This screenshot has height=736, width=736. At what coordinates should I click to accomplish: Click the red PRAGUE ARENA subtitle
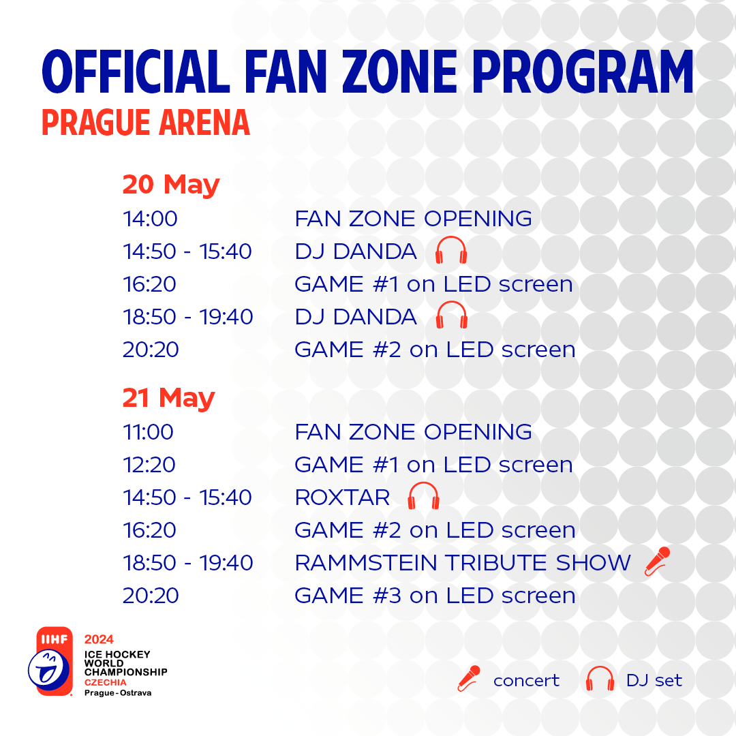click(146, 123)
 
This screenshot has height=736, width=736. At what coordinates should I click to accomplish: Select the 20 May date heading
click(171, 185)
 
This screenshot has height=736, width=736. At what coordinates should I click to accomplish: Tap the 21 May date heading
click(168, 399)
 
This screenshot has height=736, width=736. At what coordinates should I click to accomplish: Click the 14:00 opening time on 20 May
click(150, 219)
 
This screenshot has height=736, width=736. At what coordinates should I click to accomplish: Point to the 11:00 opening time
click(148, 432)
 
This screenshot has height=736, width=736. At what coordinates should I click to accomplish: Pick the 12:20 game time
click(149, 465)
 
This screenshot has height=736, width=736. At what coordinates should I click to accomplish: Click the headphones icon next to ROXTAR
click(423, 495)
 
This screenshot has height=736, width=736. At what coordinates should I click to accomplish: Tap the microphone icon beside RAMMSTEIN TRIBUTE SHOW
click(657, 562)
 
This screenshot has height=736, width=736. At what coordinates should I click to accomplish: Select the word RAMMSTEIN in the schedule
click(366, 563)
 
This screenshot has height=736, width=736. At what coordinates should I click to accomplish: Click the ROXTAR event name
click(343, 497)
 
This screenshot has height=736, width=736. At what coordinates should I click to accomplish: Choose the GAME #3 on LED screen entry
click(435, 596)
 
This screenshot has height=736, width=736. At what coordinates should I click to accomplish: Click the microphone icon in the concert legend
click(469, 679)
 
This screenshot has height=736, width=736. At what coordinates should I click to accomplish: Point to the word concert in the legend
click(526, 681)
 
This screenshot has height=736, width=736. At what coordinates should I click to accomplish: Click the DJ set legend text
click(654, 680)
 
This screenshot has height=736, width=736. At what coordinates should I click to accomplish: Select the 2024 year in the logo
click(99, 639)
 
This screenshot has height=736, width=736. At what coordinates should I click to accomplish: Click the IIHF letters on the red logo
click(55, 639)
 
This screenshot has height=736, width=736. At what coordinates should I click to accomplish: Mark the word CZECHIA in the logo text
click(105, 682)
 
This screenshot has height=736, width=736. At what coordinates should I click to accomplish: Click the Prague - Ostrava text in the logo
click(118, 693)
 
